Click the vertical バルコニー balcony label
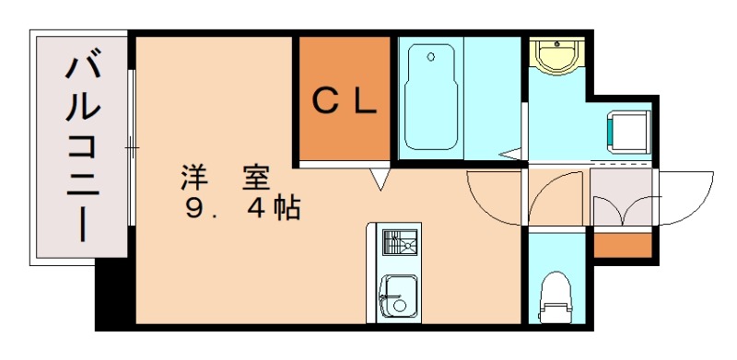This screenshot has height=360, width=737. (x=82, y=147)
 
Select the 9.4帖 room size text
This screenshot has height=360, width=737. (x=241, y=208)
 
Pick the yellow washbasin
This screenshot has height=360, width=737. (x=556, y=56)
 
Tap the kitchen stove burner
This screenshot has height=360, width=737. (x=398, y=245)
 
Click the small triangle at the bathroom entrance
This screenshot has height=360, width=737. (x=509, y=152)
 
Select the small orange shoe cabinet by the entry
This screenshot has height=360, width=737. (x=621, y=245)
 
